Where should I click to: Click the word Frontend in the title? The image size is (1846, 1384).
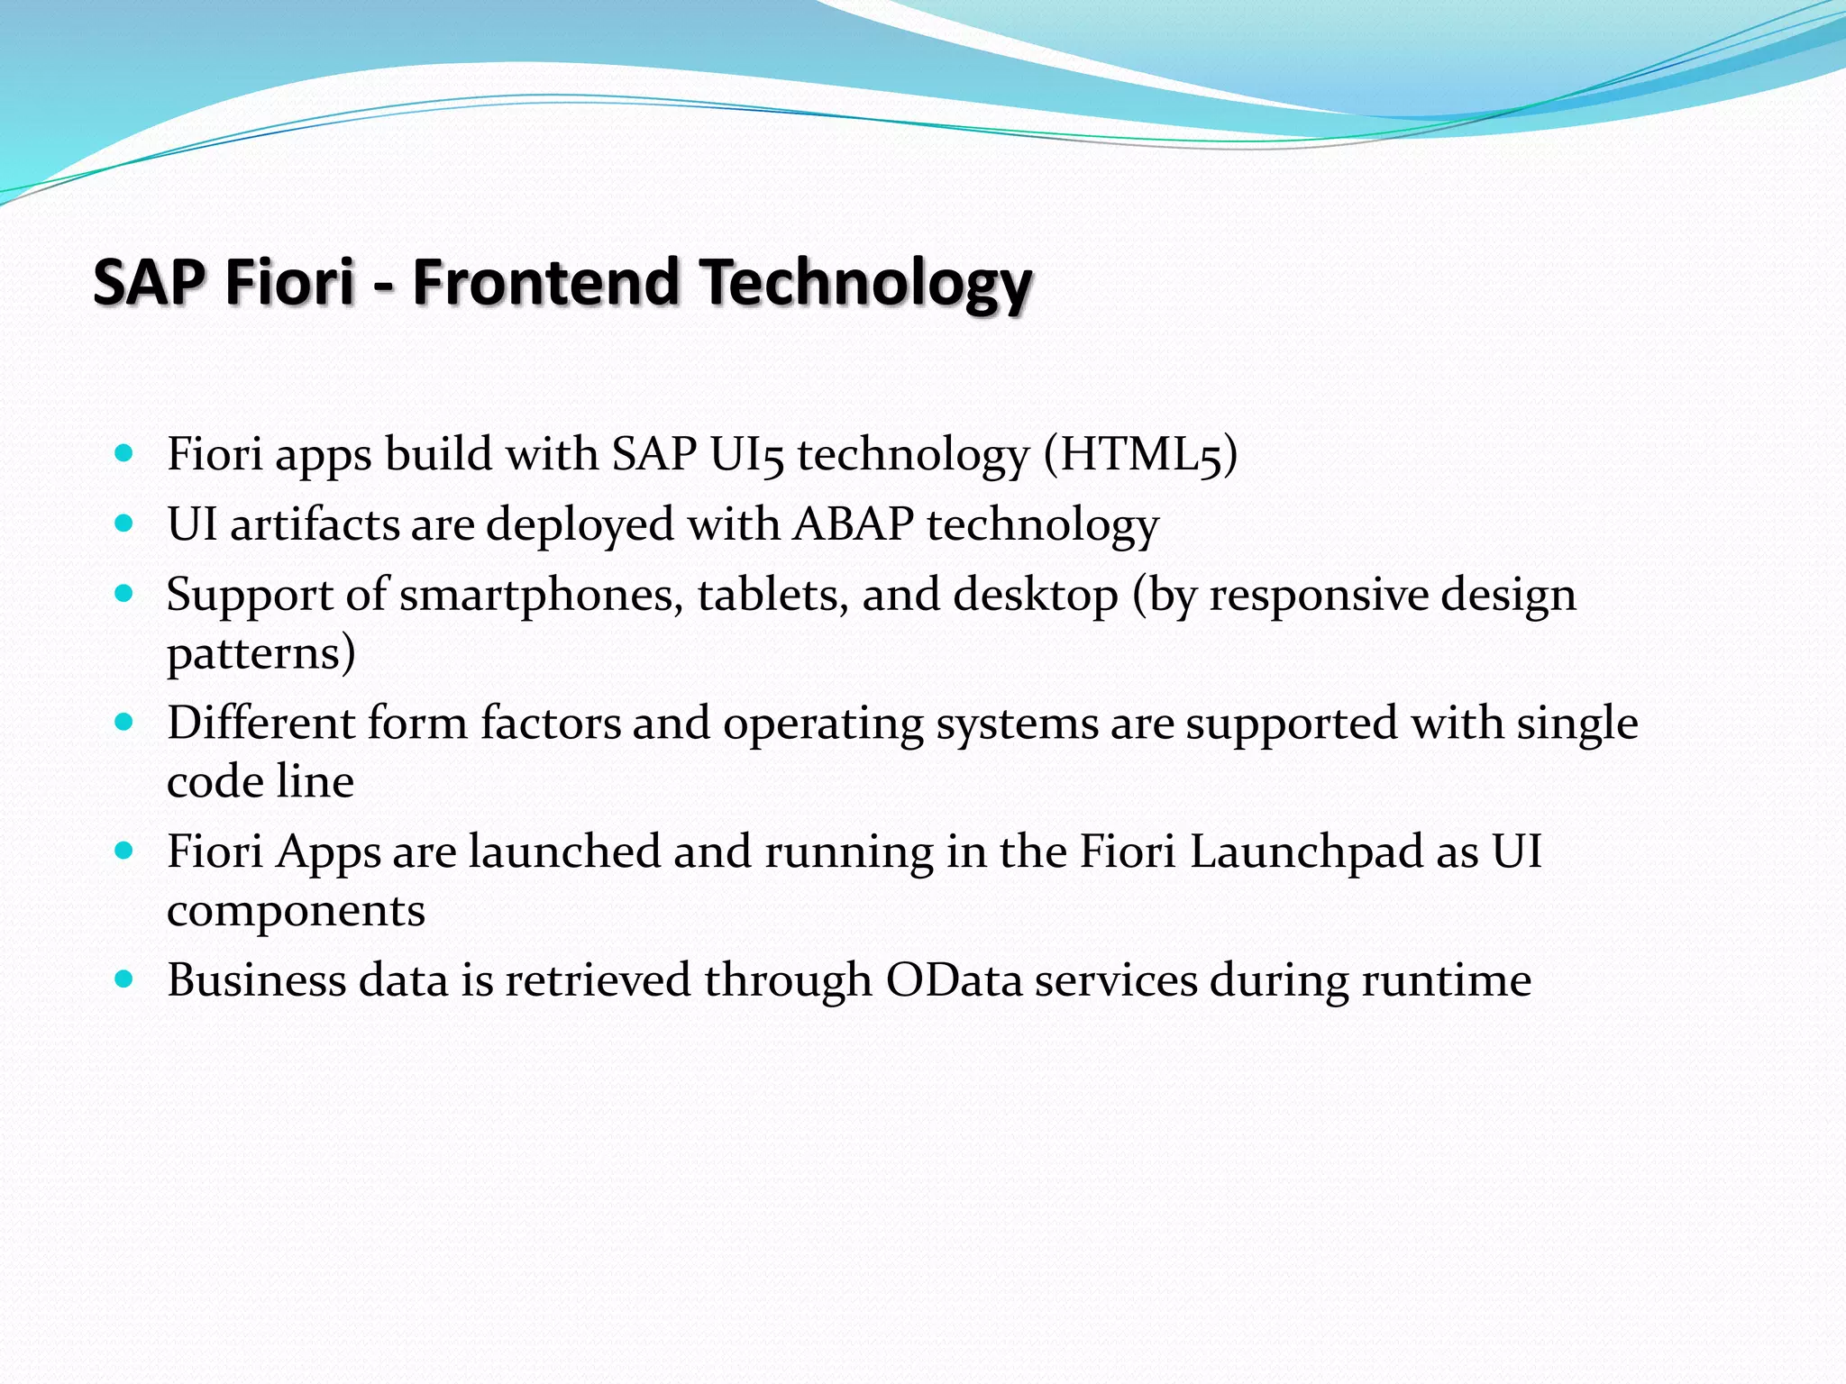pos(544,282)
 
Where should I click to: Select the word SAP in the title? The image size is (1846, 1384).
pos(149,282)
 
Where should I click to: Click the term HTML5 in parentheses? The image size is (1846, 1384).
pos(1140,453)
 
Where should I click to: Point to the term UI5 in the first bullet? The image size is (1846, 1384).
pos(747,453)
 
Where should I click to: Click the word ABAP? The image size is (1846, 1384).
pos(853,524)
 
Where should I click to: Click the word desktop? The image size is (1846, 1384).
pos(1035,596)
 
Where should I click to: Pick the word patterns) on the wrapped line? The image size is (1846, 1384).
pos(260,653)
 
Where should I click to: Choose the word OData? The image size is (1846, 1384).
pos(954,980)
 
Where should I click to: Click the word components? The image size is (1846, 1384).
pos(296,912)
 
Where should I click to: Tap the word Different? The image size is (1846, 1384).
pos(260,723)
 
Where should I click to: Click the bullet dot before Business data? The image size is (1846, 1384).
pos(124,979)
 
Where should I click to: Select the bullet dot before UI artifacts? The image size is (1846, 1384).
pos(124,523)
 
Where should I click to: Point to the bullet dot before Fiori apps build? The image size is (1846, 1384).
pos(124,452)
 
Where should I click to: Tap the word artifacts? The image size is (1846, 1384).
pos(314,524)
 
